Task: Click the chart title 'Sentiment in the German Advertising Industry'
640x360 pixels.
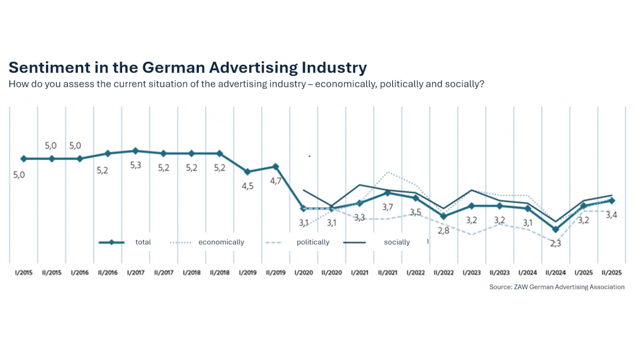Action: pyautogui.click(x=188, y=67)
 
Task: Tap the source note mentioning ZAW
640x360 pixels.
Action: pyautogui.click(x=557, y=287)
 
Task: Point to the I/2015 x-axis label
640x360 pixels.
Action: pyautogui.click(x=23, y=273)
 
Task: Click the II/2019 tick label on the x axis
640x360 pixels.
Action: pyautogui.click(x=275, y=273)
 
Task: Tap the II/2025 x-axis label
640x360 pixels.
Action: pyautogui.click(x=611, y=273)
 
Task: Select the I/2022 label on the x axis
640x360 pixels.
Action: pyautogui.click(x=415, y=273)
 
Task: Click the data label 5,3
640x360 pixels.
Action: pyautogui.click(x=135, y=166)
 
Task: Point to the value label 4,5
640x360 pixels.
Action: pyautogui.click(x=247, y=186)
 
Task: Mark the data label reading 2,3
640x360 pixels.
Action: pyautogui.click(x=555, y=243)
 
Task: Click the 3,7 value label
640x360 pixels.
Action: pyautogui.click(x=387, y=207)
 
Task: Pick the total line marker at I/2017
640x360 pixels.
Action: pyautogui.click(x=135, y=151)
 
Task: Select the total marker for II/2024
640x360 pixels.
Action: pyautogui.click(x=555, y=229)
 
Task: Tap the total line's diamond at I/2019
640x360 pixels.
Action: pyautogui.click(x=247, y=172)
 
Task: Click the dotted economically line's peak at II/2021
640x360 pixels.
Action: pyautogui.click(x=387, y=172)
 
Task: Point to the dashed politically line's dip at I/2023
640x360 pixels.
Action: pyautogui.click(x=471, y=234)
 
